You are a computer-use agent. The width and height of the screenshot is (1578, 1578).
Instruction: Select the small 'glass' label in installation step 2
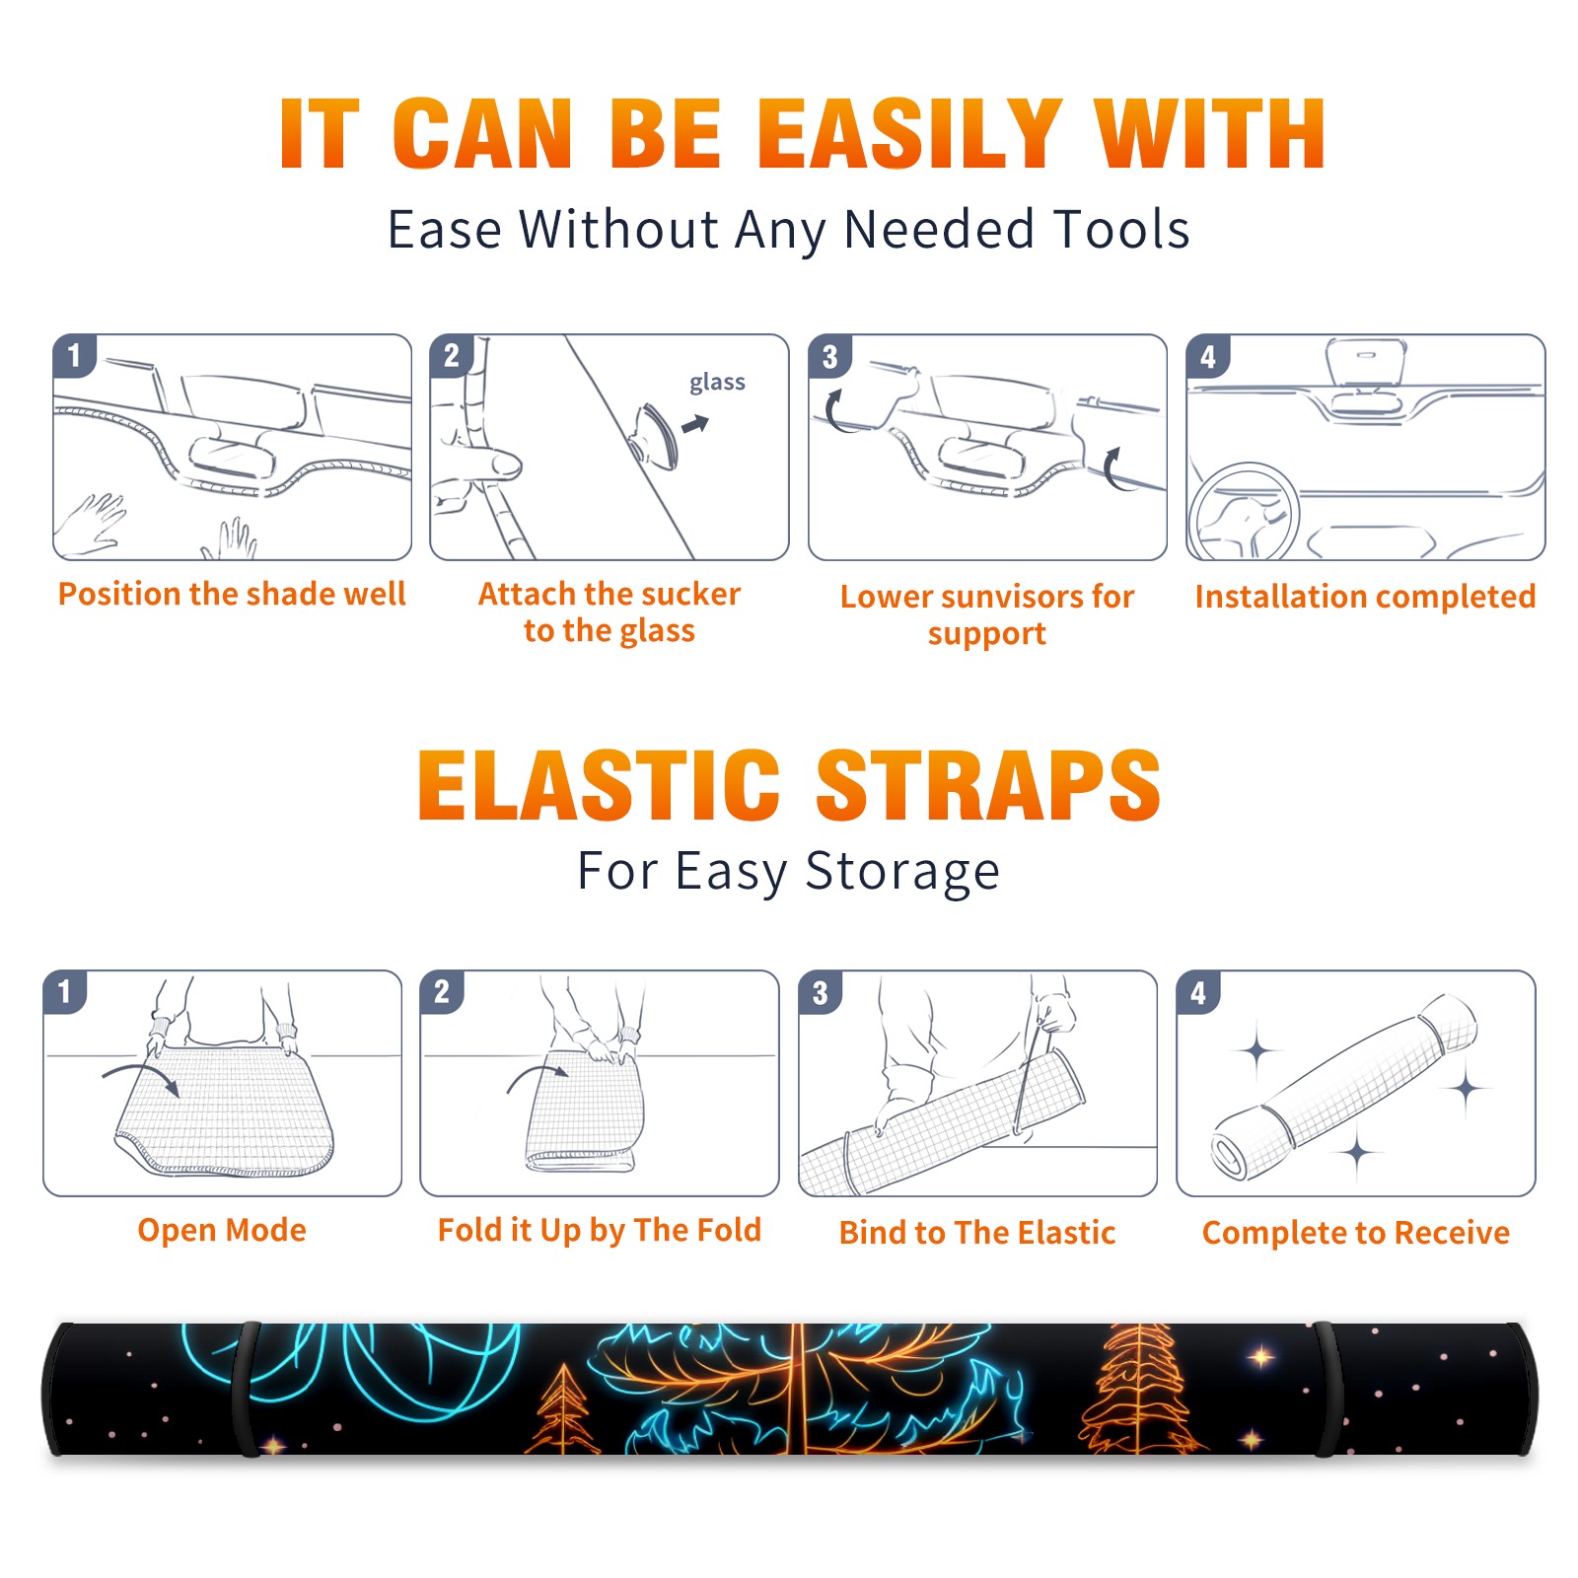tap(717, 383)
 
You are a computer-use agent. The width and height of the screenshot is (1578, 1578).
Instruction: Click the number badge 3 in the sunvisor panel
tap(829, 357)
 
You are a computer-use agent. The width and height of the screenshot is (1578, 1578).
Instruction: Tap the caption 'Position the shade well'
tap(232, 594)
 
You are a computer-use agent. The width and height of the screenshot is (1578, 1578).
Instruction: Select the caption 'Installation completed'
tap(1365, 597)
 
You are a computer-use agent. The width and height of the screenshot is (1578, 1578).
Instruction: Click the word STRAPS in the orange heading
tap(988, 785)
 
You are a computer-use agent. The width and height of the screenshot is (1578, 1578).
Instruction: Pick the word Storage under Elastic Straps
tap(902, 872)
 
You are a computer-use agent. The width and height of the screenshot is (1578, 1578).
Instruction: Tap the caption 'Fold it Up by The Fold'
tap(600, 1231)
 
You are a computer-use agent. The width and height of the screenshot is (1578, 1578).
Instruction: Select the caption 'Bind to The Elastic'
tap(977, 1233)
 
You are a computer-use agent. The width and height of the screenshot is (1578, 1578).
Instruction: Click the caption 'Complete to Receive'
tap(1356, 1233)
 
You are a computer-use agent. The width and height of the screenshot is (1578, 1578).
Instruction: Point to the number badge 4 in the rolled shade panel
tap(1198, 993)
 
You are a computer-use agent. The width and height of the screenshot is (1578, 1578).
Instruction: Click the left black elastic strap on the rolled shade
tap(246, 1389)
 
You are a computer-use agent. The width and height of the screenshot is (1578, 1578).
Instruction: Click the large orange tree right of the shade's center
tap(1139, 1389)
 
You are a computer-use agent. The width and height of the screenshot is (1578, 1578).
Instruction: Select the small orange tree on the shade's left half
tap(562, 1408)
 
